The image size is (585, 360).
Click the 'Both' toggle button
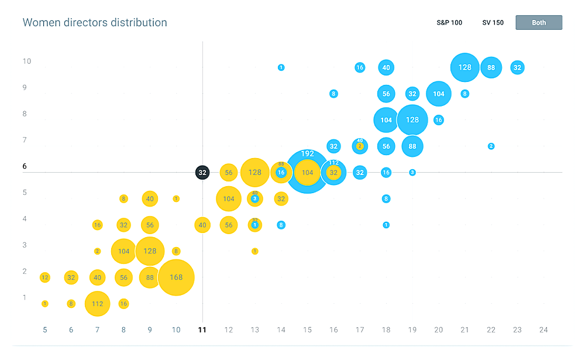tap(539, 23)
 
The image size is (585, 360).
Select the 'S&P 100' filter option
tap(449, 23)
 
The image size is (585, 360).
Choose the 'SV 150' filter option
tap(493, 23)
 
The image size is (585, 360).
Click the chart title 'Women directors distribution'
tap(95, 23)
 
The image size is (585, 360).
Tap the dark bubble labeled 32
tap(202, 173)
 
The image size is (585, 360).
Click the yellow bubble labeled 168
tap(176, 277)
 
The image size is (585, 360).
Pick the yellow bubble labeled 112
tap(98, 304)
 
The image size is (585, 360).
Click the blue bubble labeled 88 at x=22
tap(491, 67)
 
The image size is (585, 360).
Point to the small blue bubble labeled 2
tap(491, 146)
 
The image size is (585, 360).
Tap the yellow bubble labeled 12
tap(45, 277)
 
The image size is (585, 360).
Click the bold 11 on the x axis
tap(202, 330)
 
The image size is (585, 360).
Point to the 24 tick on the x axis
tap(543, 330)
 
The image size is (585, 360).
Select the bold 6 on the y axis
tap(25, 166)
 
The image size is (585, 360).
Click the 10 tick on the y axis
tap(27, 61)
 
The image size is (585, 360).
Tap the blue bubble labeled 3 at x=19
tap(412, 173)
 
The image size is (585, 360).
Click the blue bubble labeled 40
tap(386, 67)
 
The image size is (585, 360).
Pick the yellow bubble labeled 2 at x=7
tap(97, 251)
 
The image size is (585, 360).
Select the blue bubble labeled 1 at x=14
tap(281, 68)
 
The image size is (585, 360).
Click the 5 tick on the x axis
tap(45, 330)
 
